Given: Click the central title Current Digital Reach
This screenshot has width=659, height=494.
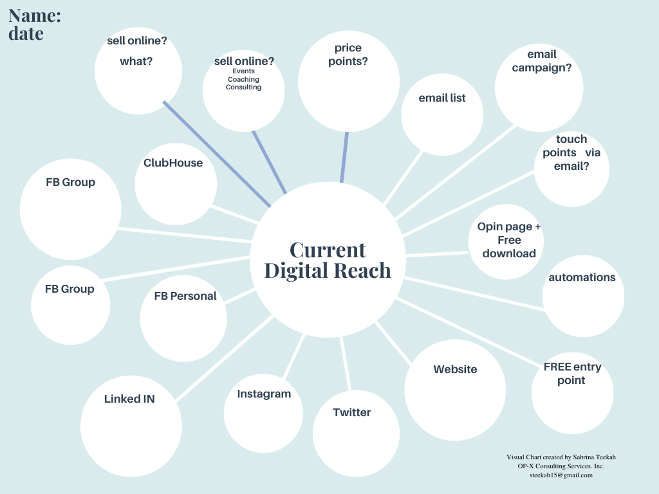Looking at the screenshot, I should coord(328,260).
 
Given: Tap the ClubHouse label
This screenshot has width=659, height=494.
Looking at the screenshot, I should coord(173,163).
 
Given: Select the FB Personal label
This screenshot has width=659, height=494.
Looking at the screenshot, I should coord(185,296).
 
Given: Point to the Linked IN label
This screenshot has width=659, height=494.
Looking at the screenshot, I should coord(129,399).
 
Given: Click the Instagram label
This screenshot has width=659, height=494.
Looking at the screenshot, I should coord(264,394).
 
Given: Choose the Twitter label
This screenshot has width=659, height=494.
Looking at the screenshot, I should coord(352,412).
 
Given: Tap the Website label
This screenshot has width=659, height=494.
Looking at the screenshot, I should coord(455,369).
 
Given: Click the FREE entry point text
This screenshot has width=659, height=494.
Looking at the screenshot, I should coord(572,374).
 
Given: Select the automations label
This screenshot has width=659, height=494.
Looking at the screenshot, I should coord(582,277).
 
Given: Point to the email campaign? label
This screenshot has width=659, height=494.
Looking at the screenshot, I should coord(541,60).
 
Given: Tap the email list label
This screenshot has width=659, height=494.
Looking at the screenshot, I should coord(442,98).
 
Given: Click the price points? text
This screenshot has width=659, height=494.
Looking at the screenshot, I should coord(348,55).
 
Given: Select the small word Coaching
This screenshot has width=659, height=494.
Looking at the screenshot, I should coord(243,79).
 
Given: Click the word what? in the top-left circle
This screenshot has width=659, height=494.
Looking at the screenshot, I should coord(136,62).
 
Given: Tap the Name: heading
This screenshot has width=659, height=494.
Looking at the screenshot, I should coord(35,16).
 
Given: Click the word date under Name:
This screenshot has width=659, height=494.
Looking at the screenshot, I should coord(26,34).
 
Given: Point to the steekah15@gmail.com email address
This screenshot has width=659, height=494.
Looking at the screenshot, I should coord(561,475).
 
